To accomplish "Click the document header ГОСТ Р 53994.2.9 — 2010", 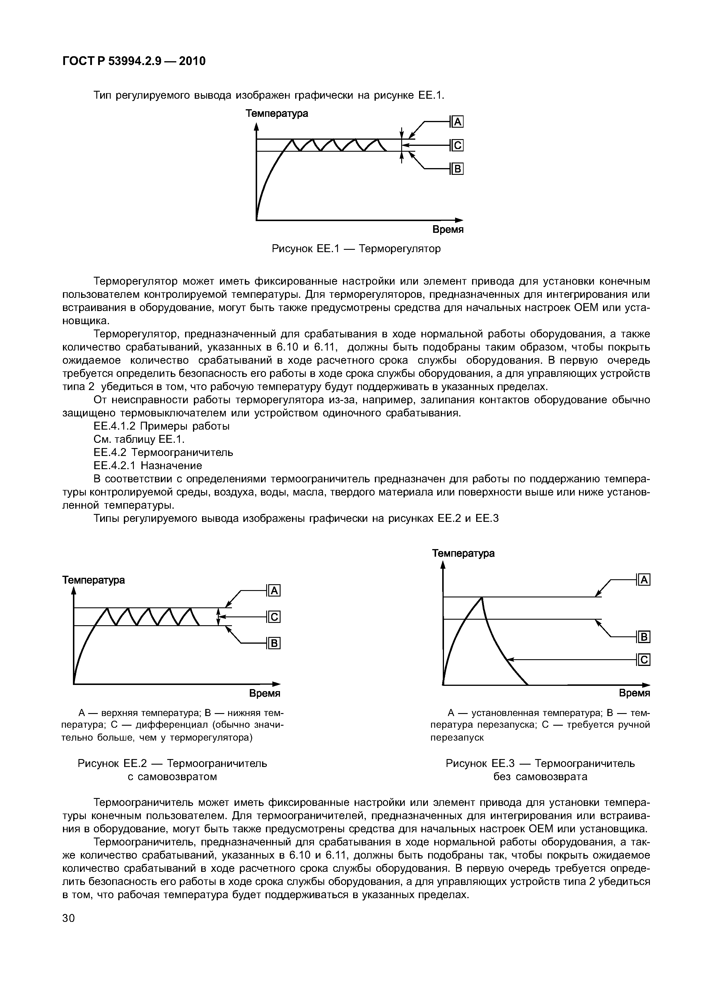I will [134, 61].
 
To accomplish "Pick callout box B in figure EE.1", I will [457, 169].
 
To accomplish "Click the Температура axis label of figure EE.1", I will [276, 114].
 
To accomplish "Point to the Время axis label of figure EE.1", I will [448, 230].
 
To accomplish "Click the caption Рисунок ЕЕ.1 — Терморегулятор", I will [356, 249].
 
